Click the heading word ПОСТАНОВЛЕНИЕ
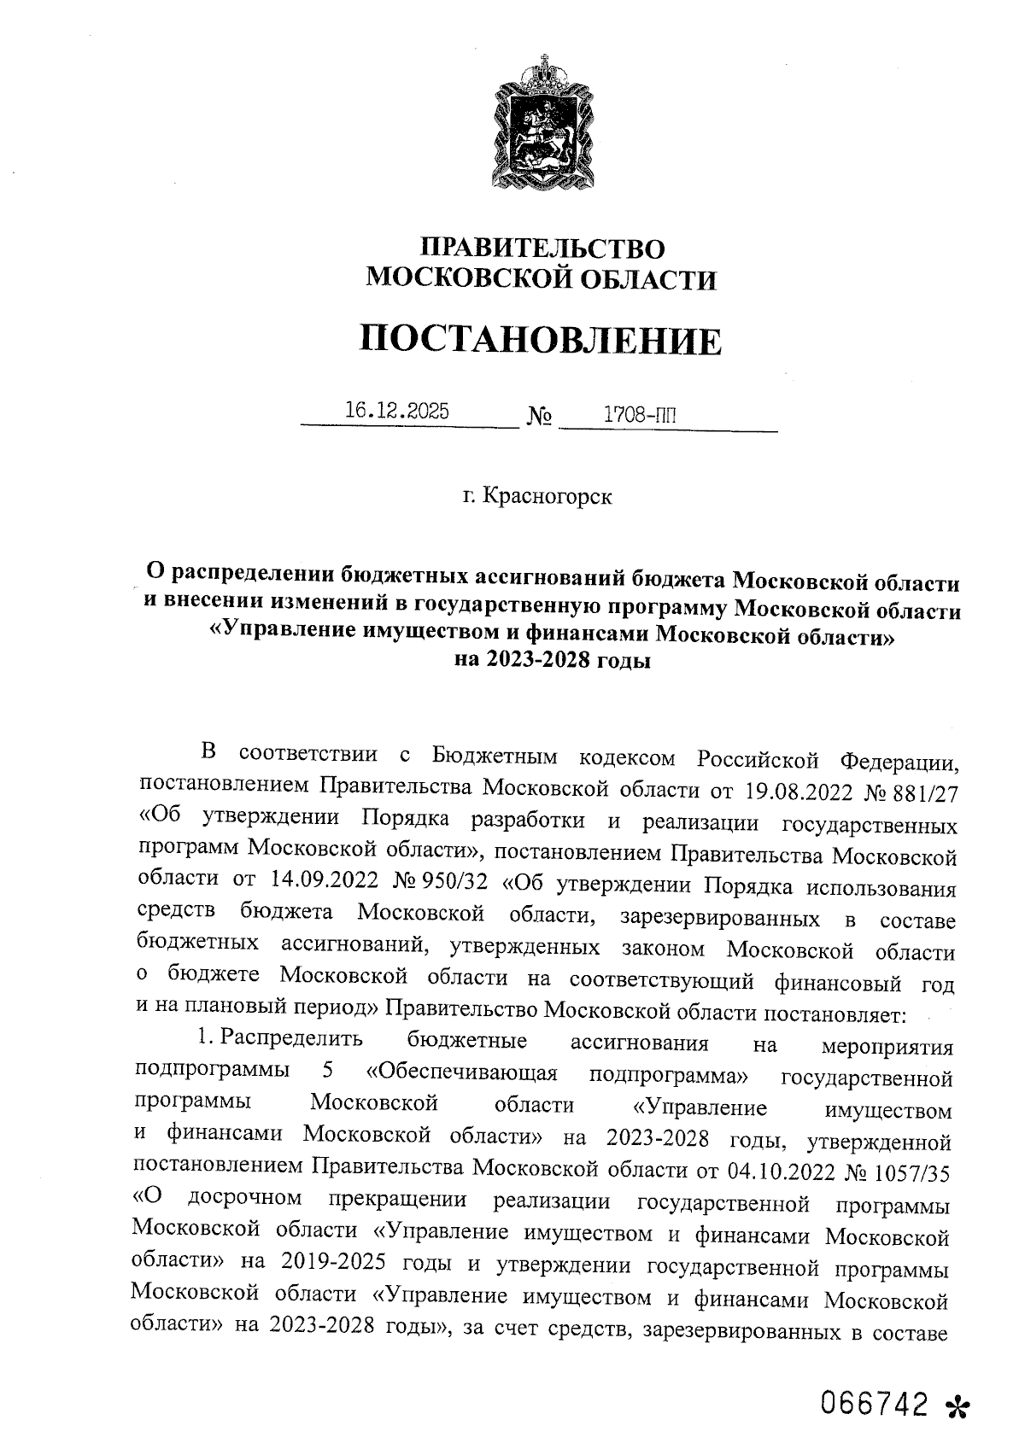pos(540,341)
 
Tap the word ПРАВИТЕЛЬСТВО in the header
pos(543,248)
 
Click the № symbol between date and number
pos(540,418)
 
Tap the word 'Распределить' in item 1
pos(291,1039)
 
